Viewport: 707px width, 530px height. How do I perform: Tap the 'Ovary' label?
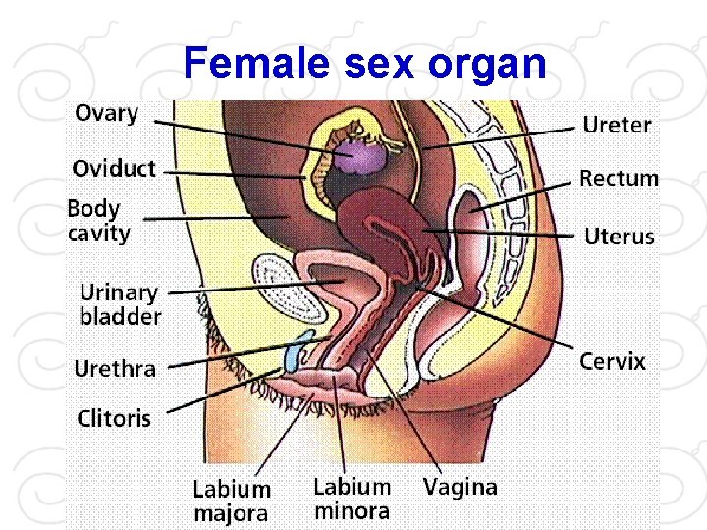click(x=106, y=113)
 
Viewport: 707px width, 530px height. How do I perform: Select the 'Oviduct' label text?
click(x=114, y=168)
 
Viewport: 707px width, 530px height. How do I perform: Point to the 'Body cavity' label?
click(x=97, y=221)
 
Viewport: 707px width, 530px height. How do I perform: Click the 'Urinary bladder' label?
click(x=120, y=304)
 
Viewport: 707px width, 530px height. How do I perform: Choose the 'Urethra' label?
click(x=115, y=369)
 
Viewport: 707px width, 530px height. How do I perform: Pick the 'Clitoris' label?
click(x=114, y=418)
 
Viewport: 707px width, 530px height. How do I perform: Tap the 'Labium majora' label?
click(x=232, y=500)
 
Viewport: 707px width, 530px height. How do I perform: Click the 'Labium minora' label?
click(x=352, y=499)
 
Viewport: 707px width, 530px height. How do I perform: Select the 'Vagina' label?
click(x=460, y=486)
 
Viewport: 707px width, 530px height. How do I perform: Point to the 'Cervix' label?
click(x=613, y=361)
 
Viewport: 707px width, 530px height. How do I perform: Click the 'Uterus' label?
click(x=619, y=237)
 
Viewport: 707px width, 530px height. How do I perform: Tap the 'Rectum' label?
click(x=619, y=179)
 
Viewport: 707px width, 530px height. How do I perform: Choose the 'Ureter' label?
click(x=617, y=125)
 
